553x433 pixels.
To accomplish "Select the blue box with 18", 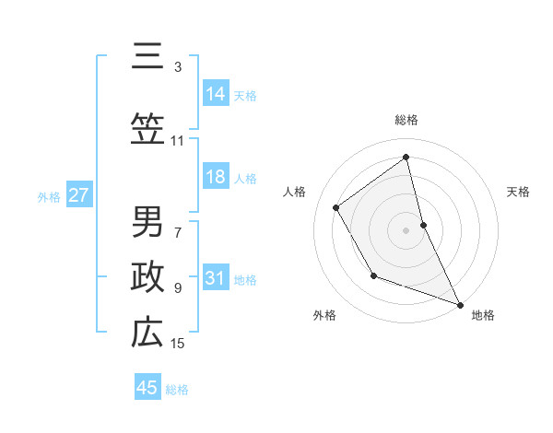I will click(x=216, y=177).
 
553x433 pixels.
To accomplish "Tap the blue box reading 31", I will click(x=216, y=278).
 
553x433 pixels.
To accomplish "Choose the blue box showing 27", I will click(x=79, y=195).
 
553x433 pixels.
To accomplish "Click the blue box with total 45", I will click(x=147, y=388).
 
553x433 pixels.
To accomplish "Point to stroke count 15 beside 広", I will click(x=178, y=344).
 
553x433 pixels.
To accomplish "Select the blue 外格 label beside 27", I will click(x=49, y=196).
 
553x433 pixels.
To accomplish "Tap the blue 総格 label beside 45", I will click(x=177, y=389).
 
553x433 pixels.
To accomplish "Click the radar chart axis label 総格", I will click(x=406, y=120).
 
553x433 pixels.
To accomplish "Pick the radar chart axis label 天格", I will click(x=518, y=192).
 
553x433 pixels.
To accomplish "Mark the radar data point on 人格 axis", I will click(x=336, y=207).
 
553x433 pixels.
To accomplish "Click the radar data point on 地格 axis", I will click(x=461, y=305).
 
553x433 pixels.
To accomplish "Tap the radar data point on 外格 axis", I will click(x=373, y=275).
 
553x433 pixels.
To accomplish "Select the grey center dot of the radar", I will click(x=406, y=229).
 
